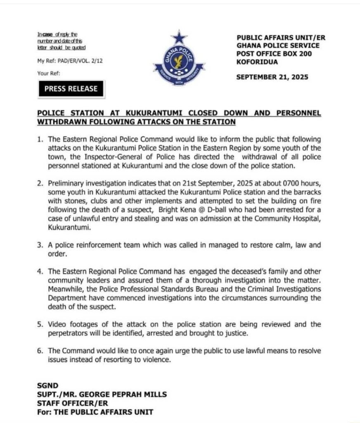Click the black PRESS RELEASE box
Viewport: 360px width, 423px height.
coord(71,88)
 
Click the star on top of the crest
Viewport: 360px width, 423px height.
coord(179,38)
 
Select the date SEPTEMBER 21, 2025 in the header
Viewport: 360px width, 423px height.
coord(272,77)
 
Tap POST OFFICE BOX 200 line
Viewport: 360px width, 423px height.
coord(274,54)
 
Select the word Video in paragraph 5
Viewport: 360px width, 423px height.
coord(57,324)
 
